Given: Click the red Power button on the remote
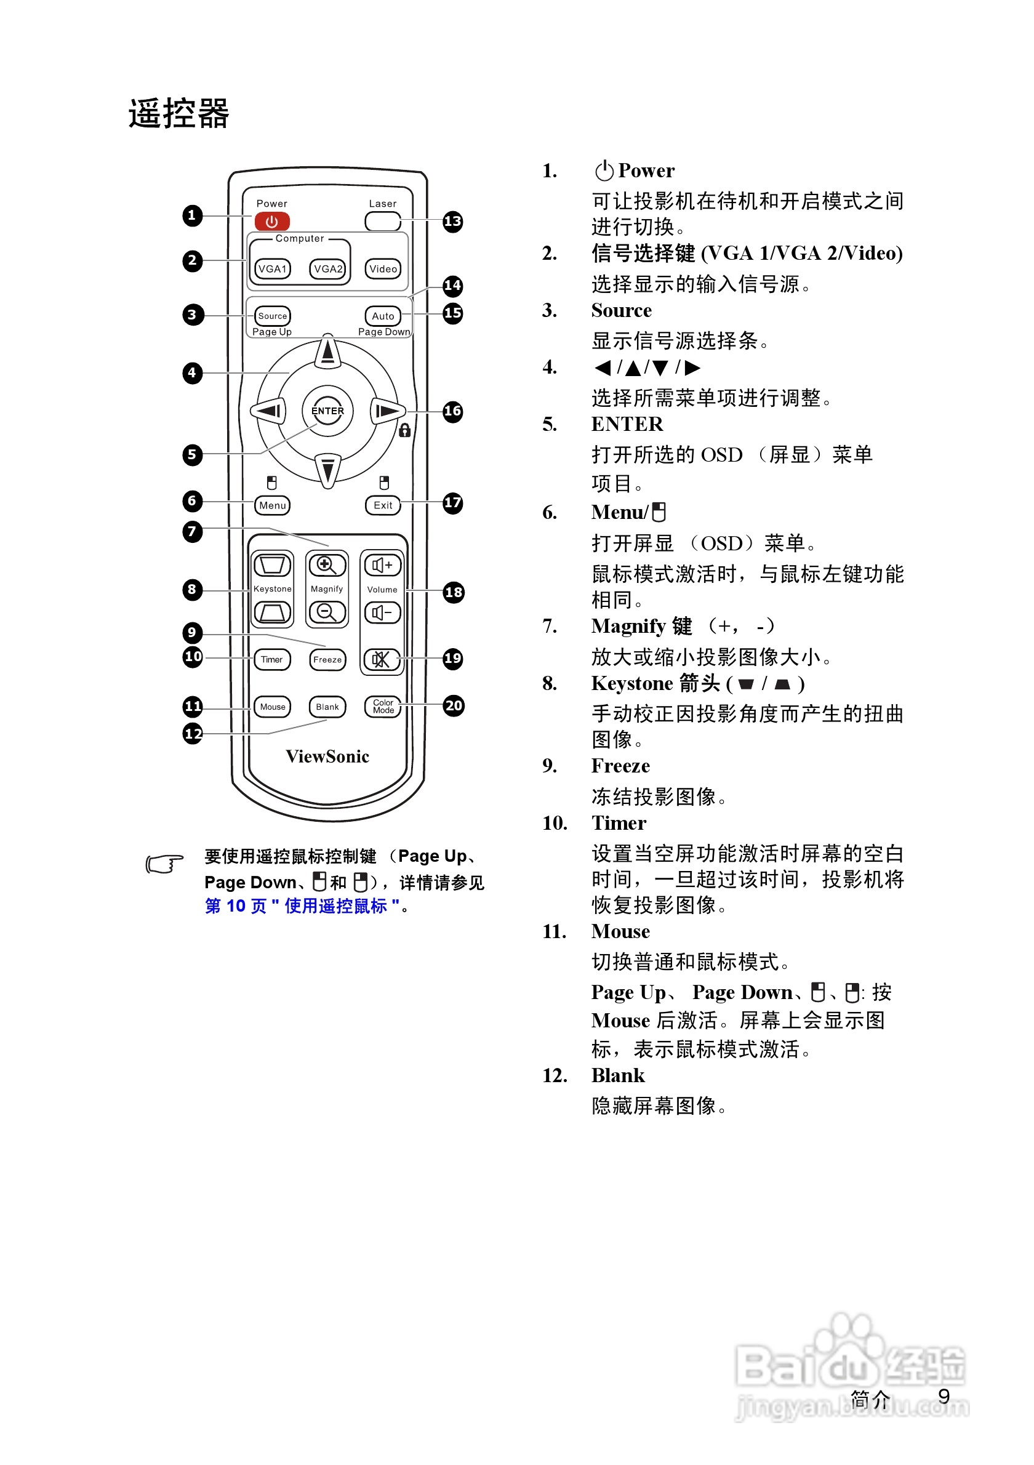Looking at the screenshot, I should [272, 222].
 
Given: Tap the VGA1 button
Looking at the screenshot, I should [273, 268].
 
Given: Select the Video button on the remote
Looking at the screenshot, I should [383, 268].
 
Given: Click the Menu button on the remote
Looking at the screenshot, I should [273, 505].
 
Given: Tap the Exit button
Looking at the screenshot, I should [383, 505].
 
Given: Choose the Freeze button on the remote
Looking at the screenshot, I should [327, 659].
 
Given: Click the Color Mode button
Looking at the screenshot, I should [383, 707].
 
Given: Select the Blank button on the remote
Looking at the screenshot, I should [327, 707].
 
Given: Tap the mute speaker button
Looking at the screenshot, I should [382, 659].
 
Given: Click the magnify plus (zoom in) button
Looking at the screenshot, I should [327, 565].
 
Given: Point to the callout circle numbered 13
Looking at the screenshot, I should [452, 222].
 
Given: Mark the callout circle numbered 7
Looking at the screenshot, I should [192, 531].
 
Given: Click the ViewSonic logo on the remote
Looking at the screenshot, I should [327, 756].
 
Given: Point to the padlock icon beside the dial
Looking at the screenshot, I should [404, 431].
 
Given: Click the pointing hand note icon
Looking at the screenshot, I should [164, 864].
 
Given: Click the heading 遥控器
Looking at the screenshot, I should [178, 114].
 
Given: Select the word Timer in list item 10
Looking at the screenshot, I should [618, 823].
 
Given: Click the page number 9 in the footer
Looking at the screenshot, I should [944, 1397].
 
